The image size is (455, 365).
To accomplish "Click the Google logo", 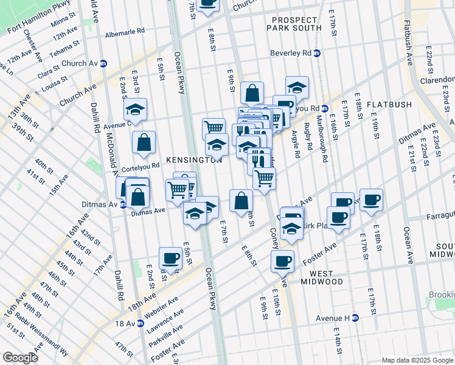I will click(20, 358).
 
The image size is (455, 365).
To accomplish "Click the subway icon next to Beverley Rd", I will click(317, 53).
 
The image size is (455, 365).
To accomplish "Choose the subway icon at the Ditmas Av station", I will click(123, 204).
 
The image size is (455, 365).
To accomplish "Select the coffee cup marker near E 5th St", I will click(170, 257).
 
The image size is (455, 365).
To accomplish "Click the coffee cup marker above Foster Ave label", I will click(282, 261).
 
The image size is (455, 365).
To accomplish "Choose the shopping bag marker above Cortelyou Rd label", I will click(144, 142).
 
